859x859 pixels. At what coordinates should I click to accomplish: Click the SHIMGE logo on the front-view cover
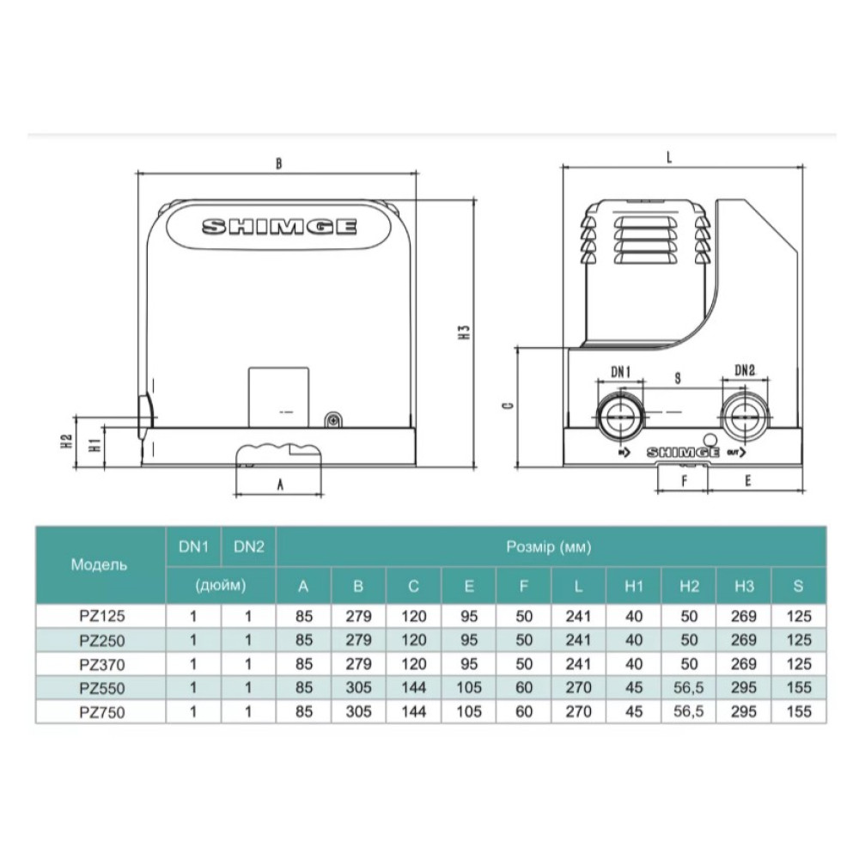(279, 227)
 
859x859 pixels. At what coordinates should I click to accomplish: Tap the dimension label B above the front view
(279, 163)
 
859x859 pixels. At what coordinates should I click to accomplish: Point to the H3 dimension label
(465, 332)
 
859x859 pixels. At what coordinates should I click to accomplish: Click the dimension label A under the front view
(280, 484)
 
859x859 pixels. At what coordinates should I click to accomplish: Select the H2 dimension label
(67, 441)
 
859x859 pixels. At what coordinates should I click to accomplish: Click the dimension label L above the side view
(669, 157)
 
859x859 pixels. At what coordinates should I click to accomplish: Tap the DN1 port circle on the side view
(620, 417)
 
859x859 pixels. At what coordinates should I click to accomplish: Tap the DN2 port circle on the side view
(745, 417)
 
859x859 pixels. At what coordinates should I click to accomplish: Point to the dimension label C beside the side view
(509, 405)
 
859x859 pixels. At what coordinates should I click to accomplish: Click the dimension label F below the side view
(685, 481)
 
